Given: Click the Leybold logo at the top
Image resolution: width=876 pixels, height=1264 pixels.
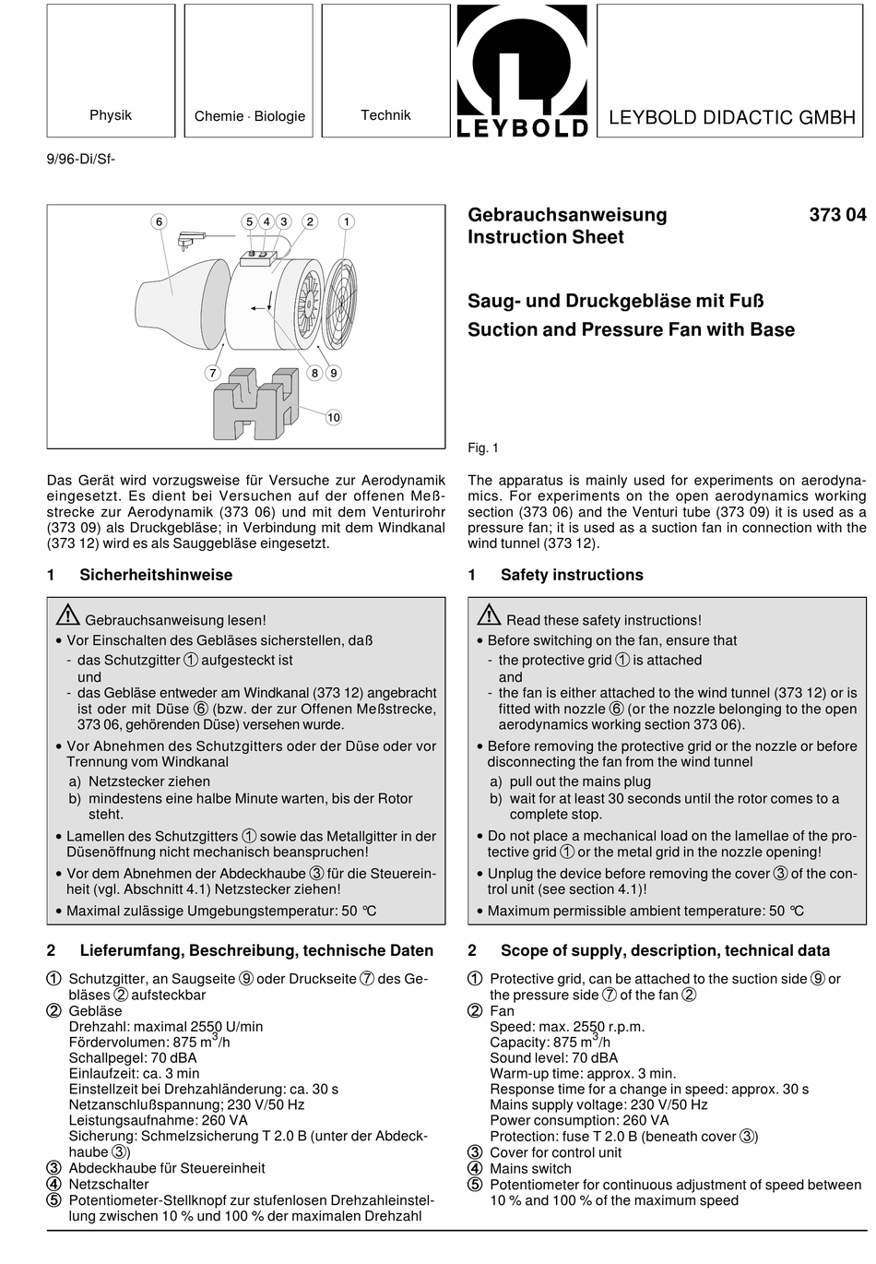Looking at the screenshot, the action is coord(521,71).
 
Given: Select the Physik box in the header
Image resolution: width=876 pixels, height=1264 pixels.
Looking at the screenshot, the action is coord(111,70).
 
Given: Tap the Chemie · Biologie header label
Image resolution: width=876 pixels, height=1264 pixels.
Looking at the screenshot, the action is coord(249,116).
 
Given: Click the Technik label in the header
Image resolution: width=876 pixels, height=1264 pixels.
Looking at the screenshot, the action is coord(385,115).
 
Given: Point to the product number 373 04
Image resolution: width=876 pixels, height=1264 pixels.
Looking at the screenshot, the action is coord(837,215).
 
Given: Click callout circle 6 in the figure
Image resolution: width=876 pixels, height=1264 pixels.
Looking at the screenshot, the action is coord(160,221).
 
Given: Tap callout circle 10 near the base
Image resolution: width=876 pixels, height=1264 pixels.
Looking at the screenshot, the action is coord(334,418).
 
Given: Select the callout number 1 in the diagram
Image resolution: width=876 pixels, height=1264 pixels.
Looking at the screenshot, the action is coord(347,221).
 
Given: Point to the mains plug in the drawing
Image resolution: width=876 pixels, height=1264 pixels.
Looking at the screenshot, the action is coord(190,239).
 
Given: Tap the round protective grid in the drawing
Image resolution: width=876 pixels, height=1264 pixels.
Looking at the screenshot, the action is coord(340,304).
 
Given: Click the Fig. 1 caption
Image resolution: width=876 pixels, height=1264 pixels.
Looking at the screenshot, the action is coord(483,448).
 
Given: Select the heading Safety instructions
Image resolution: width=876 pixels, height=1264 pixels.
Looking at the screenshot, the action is coord(572,575).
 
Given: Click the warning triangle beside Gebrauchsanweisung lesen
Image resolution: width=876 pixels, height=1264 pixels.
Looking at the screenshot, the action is coord(67,614).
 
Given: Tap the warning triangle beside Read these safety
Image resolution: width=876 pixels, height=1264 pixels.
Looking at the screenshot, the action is coord(489,614).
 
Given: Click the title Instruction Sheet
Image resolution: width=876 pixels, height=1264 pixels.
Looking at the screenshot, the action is coord(546,237).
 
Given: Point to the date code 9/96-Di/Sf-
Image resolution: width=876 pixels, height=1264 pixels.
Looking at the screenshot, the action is coord(80,159).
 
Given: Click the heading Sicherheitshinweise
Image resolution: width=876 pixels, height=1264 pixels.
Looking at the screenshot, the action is coord(156,575).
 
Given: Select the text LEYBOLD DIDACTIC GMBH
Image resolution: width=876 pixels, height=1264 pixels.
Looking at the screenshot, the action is coord(732,117).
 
